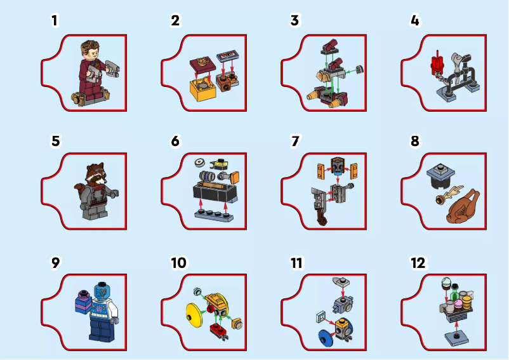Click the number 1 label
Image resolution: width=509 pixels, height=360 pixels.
coord(55,20)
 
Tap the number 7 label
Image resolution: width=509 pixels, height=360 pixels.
coord(295,141)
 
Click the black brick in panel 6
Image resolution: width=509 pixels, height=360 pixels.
coord(214,192)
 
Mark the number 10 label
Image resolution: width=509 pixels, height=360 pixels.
coord(180,262)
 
